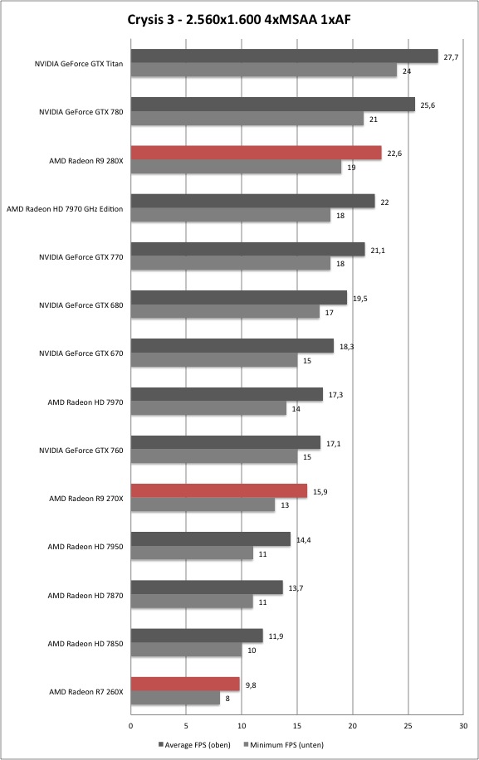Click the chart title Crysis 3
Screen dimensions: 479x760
point(238,19)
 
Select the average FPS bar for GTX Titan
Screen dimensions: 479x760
point(284,56)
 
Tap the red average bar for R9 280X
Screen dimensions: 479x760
point(256,153)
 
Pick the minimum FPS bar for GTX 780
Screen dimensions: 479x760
point(247,119)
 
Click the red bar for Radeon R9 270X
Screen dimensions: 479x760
point(219,491)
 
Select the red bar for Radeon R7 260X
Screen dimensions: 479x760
point(185,684)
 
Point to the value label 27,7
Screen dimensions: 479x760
point(451,57)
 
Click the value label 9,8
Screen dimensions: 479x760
point(251,684)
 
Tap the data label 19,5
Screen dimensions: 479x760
point(359,299)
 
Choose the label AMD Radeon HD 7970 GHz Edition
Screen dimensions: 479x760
point(65,209)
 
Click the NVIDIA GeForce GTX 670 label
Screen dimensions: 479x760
point(81,353)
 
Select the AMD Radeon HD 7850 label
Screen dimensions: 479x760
point(86,644)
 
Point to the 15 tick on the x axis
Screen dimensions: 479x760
point(297,726)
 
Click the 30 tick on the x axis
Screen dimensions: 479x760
point(463,726)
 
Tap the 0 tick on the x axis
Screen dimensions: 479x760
point(131,726)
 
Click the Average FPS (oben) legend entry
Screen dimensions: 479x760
point(194,744)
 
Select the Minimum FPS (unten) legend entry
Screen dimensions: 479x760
point(283,744)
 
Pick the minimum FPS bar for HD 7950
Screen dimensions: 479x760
point(192,553)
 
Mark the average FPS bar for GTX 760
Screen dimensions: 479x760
point(226,442)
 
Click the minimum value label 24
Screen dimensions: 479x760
point(407,71)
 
